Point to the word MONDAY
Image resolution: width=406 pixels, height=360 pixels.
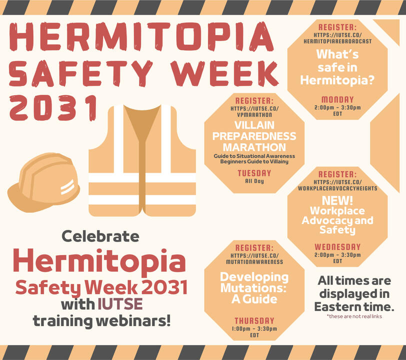(337, 99)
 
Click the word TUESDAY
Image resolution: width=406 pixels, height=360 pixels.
(254, 173)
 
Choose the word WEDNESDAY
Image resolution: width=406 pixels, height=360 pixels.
(337, 246)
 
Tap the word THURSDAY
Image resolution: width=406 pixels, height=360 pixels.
(254, 320)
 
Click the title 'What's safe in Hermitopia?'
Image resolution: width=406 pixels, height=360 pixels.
(337, 67)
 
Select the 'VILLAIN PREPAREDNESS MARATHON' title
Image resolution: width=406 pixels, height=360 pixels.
(254, 136)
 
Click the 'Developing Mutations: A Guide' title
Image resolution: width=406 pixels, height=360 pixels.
(254, 287)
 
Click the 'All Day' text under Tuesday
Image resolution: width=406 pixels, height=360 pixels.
(254, 181)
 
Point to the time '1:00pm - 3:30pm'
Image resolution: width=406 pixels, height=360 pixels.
(254, 328)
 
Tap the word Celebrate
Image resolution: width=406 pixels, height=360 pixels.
(100, 236)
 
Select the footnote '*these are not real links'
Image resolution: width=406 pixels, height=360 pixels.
(354, 316)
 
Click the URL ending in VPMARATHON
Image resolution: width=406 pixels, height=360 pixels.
(254, 111)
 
